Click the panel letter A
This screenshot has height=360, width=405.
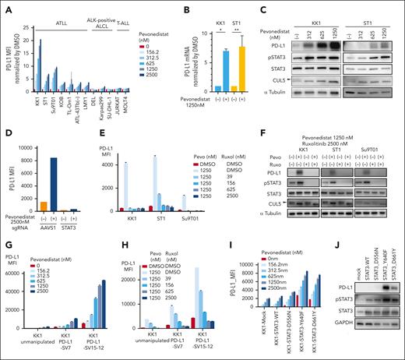pyautogui.click(x=5, y=6)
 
